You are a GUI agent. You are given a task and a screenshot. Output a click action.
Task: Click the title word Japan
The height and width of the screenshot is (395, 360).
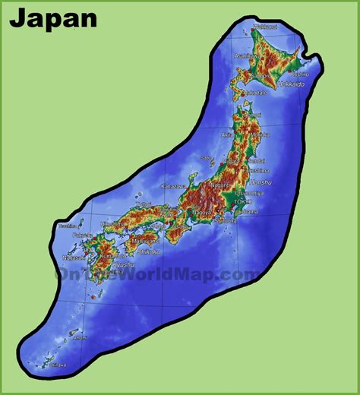click(x=53, y=18)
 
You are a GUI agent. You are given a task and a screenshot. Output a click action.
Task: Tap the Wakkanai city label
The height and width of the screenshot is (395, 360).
click(x=265, y=27)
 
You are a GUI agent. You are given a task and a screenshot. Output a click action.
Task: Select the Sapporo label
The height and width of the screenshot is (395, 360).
click(x=264, y=77)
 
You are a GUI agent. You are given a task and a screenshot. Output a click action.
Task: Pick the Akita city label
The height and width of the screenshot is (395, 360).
click(x=227, y=134)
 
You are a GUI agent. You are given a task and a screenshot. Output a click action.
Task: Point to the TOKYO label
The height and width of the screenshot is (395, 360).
click(x=242, y=201)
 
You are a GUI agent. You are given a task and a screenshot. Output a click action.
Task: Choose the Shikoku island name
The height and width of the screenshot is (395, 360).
click(x=148, y=251)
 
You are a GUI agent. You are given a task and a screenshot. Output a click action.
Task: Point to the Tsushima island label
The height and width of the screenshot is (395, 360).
click(x=68, y=226)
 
